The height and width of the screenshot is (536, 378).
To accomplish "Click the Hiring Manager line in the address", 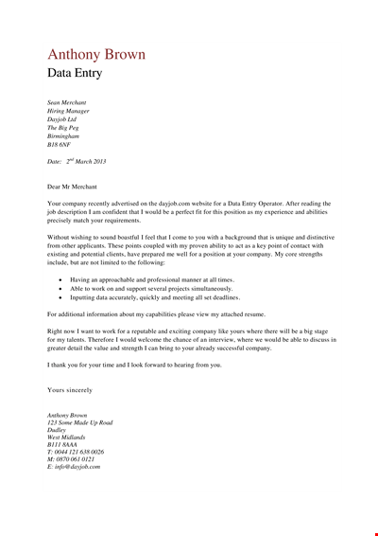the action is [x=69, y=111].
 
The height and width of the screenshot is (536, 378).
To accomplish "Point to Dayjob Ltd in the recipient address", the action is [x=63, y=119].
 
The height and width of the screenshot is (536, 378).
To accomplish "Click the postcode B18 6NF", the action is [x=60, y=147].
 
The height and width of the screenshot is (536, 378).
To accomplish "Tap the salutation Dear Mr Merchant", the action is [x=81, y=187].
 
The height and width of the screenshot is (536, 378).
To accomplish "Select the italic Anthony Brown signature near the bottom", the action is [x=67, y=415].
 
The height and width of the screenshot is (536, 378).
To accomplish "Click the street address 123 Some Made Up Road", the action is [x=79, y=423].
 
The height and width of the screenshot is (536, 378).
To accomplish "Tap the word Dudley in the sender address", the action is [x=58, y=432].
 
